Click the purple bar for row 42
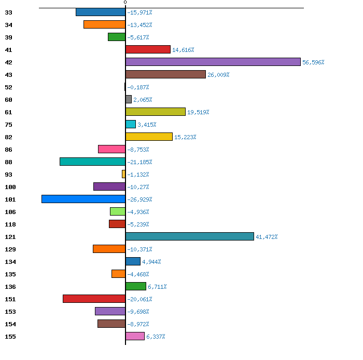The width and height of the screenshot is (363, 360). [x=213, y=62]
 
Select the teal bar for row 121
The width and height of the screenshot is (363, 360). [x=190, y=236]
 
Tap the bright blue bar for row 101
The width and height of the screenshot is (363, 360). [x=83, y=199]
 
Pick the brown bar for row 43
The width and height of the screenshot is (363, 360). [x=165, y=74]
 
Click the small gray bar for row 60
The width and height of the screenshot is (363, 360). [x=129, y=99]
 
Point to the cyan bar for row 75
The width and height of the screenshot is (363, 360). [x=131, y=124]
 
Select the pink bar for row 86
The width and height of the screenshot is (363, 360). [x=112, y=149]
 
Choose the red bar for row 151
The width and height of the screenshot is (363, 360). [x=94, y=299]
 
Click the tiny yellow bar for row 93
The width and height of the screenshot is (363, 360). [x=123, y=174]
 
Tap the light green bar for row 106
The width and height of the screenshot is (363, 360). [x=118, y=211]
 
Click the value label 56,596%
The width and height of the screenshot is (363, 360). [x=313, y=62]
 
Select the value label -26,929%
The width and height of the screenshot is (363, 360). [x=139, y=199]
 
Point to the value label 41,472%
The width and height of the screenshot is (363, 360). [x=267, y=237]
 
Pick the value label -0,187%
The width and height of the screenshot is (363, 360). [x=138, y=87]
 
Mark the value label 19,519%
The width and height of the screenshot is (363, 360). [x=198, y=112]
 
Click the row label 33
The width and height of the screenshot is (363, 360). [x=9, y=12]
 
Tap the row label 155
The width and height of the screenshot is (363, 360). [x=10, y=337]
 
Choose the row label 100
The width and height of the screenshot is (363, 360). [x=10, y=187]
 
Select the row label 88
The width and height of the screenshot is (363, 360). [x=9, y=162]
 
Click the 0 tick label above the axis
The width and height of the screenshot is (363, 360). [x=125, y=2]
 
